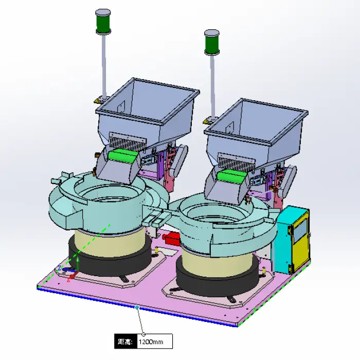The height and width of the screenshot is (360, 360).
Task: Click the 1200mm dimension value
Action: (151, 342)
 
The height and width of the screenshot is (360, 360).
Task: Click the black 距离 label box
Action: (126, 341)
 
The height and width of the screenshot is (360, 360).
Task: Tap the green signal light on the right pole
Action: (212, 44)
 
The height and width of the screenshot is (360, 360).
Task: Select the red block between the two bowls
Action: (172, 238)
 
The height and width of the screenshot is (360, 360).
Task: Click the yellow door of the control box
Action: (300, 241)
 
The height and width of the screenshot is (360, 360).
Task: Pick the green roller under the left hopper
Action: (122, 156)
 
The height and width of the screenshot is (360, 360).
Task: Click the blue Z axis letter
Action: (60, 268)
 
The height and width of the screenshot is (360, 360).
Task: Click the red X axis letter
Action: (68, 280)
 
